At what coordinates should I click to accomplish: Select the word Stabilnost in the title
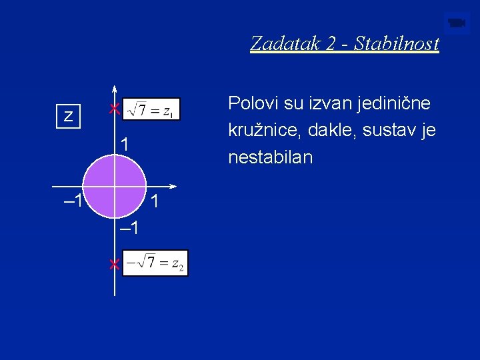tap(397, 44)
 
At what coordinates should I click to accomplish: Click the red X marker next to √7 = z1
tap(115, 109)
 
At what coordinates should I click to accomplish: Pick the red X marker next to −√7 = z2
tap(115, 265)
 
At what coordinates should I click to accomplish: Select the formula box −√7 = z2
tap(156, 263)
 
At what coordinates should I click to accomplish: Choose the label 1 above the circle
tap(125, 144)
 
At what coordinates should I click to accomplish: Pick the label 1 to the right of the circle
tap(154, 201)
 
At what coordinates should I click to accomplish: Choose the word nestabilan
tap(270, 158)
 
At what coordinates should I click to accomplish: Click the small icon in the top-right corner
tap(457, 23)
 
